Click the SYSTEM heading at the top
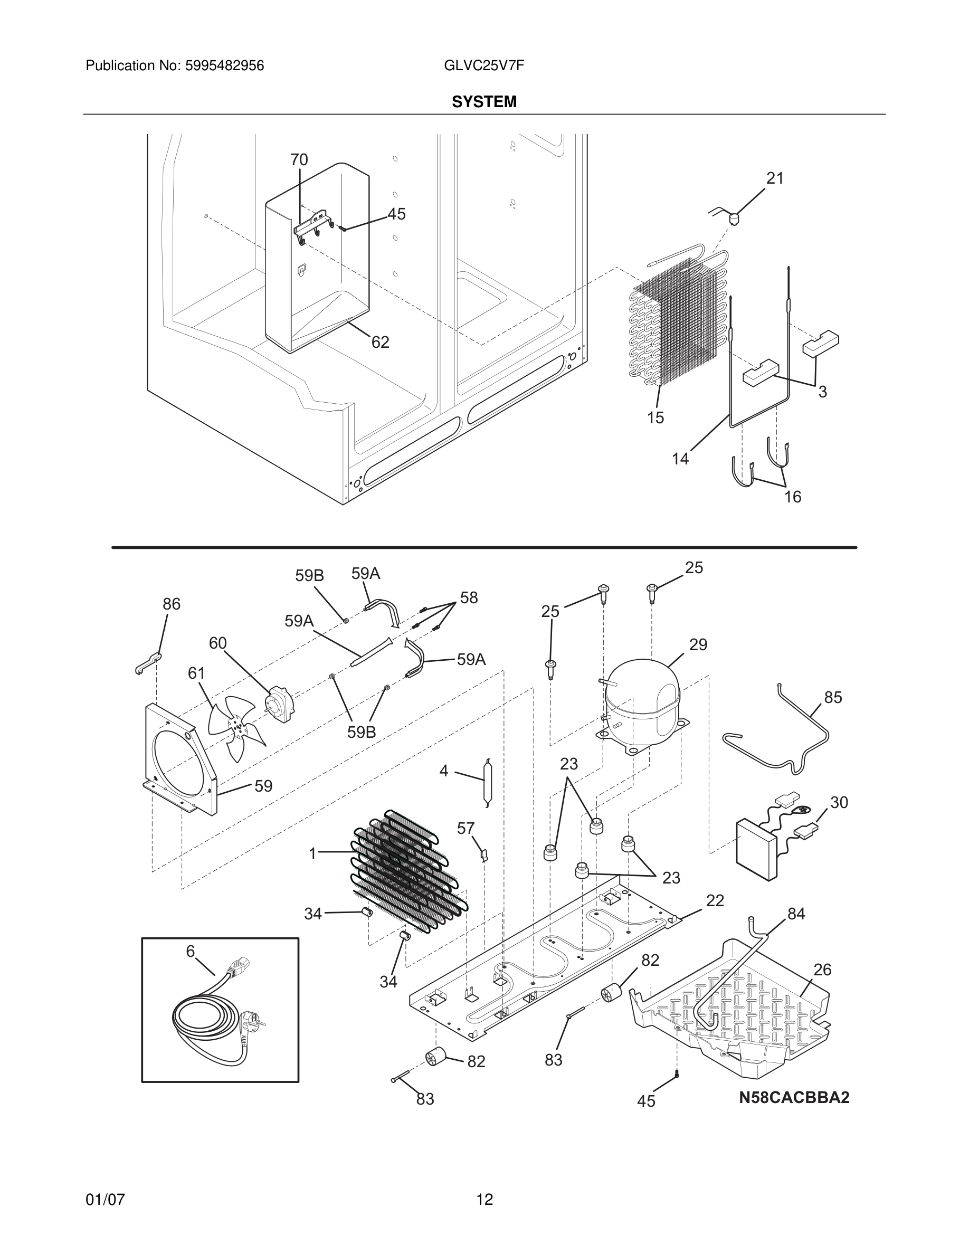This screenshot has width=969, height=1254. (x=484, y=102)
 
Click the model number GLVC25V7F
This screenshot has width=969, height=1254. (x=483, y=65)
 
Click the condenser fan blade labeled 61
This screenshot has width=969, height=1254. (x=236, y=726)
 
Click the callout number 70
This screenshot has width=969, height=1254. (x=299, y=159)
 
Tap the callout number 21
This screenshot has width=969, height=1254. (x=775, y=178)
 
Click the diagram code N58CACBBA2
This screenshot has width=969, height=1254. (x=793, y=1097)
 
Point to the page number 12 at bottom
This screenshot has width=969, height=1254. (x=484, y=1200)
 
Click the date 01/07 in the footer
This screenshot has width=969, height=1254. (x=105, y=1200)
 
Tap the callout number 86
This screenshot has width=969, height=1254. (x=171, y=603)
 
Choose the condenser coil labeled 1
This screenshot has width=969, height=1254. (x=407, y=873)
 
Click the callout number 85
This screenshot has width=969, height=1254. (x=833, y=697)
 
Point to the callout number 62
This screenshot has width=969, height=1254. (x=380, y=342)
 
